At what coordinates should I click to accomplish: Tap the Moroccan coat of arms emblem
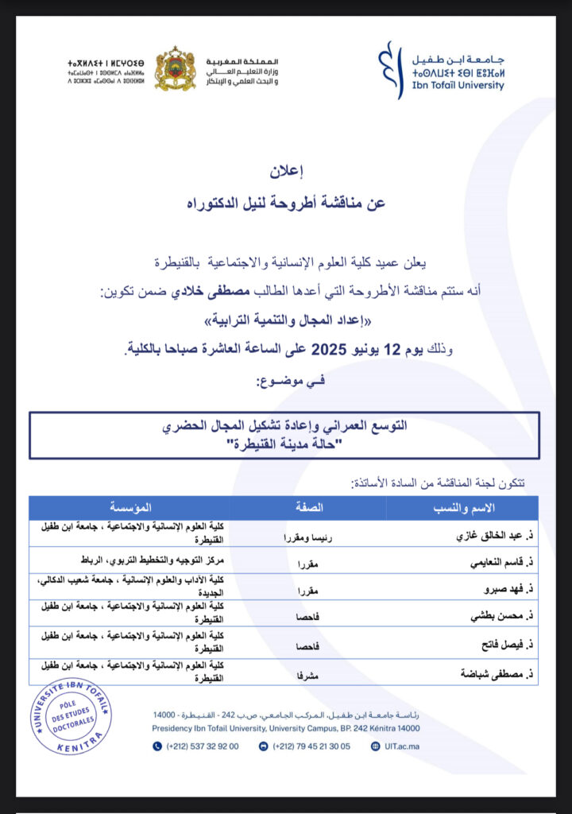pyautogui.click(x=175, y=69)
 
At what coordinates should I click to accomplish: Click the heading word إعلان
pyautogui.click(x=293, y=170)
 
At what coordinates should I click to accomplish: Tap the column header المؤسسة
pyautogui.click(x=131, y=508)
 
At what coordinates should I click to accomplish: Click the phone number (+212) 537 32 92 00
pyautogui.click(x=203, y=746)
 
